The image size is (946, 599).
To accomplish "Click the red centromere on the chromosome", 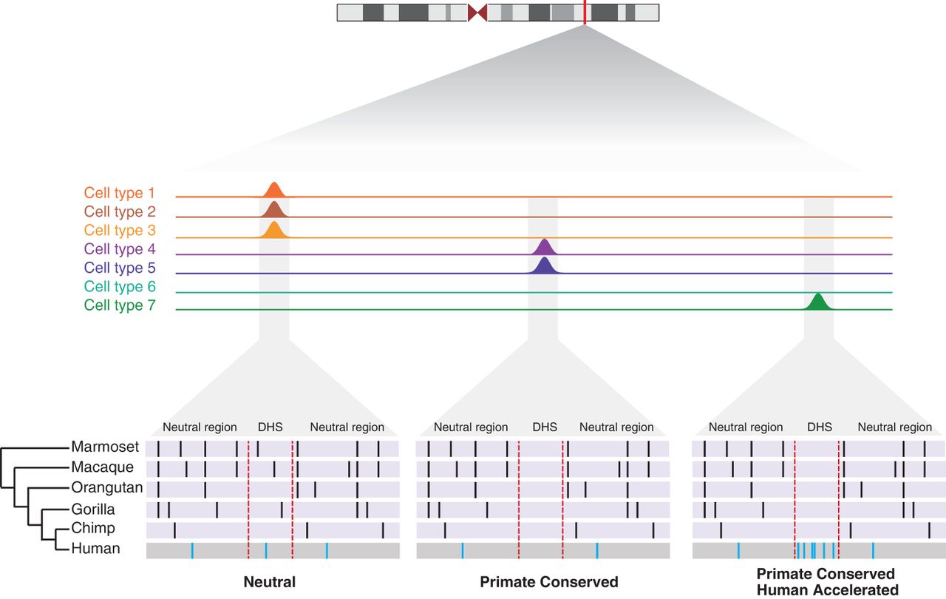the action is click(477, 13).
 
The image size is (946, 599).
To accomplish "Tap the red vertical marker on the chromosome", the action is click(585, 13).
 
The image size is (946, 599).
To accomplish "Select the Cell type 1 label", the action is click(120, 193).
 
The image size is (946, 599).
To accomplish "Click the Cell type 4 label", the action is click(120, 248).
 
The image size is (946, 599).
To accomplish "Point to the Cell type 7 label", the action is click(120, 305).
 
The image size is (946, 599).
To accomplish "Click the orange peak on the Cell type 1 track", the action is click(274, 191).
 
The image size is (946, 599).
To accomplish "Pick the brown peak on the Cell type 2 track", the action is click(274, 210).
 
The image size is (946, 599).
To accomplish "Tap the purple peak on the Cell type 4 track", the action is click(545, 248).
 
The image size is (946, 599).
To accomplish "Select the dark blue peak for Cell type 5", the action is click(545, 266).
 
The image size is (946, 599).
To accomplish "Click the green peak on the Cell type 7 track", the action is click(818, 302).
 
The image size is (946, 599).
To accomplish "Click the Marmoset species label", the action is click(105, 447).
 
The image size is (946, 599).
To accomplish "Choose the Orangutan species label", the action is click(107, 487).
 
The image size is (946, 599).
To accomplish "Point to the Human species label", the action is click(95, 548).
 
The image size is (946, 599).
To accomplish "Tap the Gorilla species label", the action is click(93, 509).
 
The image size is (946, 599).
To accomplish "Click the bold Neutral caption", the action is click(270, 582).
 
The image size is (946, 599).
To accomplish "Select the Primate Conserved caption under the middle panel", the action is click(549, 582).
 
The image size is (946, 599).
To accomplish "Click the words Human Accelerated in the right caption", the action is click(827, 590).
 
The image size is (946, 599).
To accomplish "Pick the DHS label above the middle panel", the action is click(545, 427).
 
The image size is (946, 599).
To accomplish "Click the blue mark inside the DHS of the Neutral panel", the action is click(266, 551).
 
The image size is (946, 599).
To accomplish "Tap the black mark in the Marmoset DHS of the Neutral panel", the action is click(258, 449).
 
